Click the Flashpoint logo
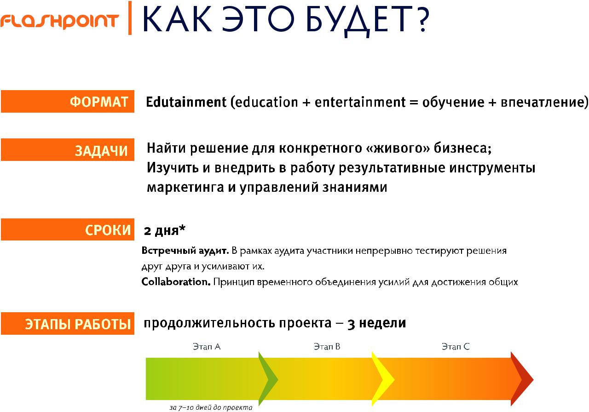[x=60, y=22]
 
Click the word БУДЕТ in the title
[x=359, y=21]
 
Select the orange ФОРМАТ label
[x=68, y=102]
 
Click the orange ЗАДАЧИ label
[x=68, y=150]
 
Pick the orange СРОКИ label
[x=68, y=229]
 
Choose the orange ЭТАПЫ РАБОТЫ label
[x=68, y=323]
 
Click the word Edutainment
[x=186, y=102]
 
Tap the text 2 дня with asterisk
[x=165, y=230]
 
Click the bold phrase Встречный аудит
[x=185, y=251]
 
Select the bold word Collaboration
[x=176, y=282]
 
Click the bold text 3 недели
[x=377, y=323]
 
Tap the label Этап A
[x=207, y=347]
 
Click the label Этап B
[x=327, y=347]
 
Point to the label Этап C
[x=456, y=347]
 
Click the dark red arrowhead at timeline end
[x=522, y=379]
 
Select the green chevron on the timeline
[x=268, y=379]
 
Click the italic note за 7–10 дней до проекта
[x=211, y=407]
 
